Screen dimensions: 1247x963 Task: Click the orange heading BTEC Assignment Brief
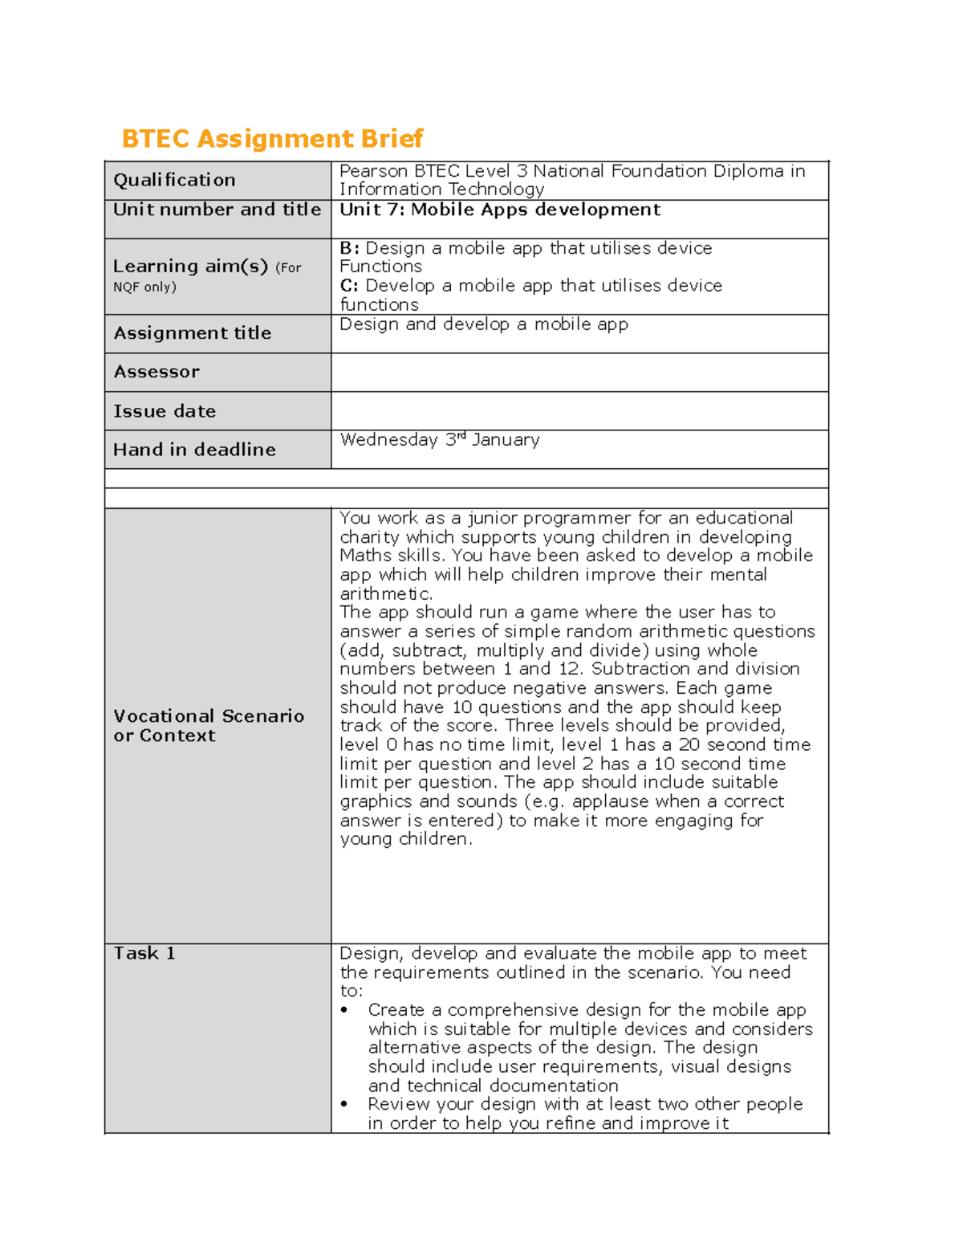(x=271, y=139)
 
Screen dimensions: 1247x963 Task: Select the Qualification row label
(x=174, y=180)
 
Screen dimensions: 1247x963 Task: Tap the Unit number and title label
(x=217, y=210)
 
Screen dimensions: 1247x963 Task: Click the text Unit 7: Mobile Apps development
(x=499, y=210)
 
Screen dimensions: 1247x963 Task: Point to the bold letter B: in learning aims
(x=349, y=248)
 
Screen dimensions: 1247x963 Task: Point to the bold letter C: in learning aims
(x=349, y=286)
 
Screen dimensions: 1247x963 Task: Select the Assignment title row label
(x=192, y=333)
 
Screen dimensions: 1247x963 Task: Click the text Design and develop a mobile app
(x=483, y=324)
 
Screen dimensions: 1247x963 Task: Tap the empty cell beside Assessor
(x=579, y=373)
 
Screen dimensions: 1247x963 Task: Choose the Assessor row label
(x=156, y=372)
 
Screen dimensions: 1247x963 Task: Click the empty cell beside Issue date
(x=579, y=411)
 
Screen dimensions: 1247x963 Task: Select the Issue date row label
(x=165, y=411)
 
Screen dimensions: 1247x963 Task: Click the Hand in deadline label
(x=194, y=450)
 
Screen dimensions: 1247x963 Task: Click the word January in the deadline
(x=506, y=440)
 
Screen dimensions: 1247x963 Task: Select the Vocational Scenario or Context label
(x=209, y=726)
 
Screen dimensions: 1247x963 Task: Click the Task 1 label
(x=144, y=953)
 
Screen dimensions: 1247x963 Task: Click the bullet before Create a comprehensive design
(x=345, y=1011)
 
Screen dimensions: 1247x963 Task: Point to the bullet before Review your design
(x=345, y=1105)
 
